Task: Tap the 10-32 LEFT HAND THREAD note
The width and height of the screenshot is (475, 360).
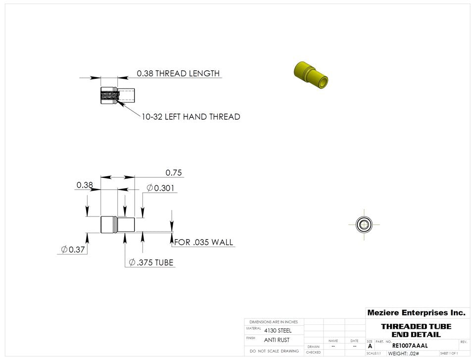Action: pyautogui.click(x=190, y=117)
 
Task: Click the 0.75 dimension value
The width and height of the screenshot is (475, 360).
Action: pyautogui.click(x=174, y=172)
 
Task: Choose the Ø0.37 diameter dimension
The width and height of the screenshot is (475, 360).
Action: pyautogui.click(x=72, y=250)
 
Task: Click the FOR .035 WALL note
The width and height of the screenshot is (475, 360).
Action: pyautogui.click(x=203, y=243)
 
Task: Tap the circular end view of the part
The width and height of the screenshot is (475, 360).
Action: pyautogui.click(x=364, y=224)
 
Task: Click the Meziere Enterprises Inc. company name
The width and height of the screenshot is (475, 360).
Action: pyautogui.click(x=416, y=312)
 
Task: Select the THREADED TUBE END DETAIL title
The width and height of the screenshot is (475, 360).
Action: pyautogui.click(x=416, y=330)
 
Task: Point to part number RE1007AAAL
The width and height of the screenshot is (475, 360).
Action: pyautogui.click(x=410, y=346)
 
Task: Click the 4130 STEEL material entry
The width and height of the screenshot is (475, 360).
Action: pyautogui.click(x=278, y=330)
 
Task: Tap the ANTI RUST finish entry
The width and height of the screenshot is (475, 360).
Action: pyautogui.click(x=277, y=340)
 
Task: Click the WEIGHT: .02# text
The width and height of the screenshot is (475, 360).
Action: pyautogui.click(x=404, y=354)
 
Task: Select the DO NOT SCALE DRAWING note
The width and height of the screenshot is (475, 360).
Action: pyautogui.click(x=274, y=351)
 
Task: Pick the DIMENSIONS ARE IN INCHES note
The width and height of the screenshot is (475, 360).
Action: pyautogui.click(x=274, y=322)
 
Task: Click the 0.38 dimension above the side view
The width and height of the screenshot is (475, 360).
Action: pyautogui.click(x=85, y=185)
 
